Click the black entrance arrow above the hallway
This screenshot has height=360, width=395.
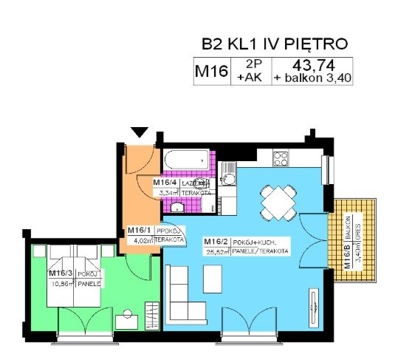(140, 132)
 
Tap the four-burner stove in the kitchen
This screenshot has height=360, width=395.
(281, 158)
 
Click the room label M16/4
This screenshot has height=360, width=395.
(163, 182)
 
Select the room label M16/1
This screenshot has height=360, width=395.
(140, 230)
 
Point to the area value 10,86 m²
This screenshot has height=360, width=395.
(61, 283)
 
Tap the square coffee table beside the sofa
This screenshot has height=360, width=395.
(211, 277)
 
